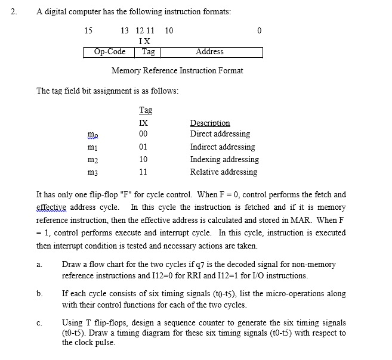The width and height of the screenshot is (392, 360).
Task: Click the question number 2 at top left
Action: pos(13,12)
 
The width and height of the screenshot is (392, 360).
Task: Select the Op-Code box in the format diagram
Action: pos(109,52)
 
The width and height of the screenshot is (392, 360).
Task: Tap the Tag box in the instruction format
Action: pos(148,52)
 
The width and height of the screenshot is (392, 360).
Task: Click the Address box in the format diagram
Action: pos(209,52)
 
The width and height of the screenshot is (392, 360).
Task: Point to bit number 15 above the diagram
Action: pos(88,30)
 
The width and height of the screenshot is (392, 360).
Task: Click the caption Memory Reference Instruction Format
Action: pos(177,71)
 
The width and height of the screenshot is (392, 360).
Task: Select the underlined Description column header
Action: pos(210,123)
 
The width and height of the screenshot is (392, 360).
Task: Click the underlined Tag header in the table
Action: pos(145,110)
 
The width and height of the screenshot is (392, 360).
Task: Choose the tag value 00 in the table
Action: pos(143,134)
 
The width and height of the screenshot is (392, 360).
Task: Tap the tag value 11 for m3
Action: pos(143,172)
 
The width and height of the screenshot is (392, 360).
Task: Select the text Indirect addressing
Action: pos(223,147)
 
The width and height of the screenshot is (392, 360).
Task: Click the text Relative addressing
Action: pos(224,172)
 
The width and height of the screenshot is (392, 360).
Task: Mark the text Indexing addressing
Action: pos(224,160)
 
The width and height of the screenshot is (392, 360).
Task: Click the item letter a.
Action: pos(38,265)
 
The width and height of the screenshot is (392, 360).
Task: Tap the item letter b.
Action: pos(39,294)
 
